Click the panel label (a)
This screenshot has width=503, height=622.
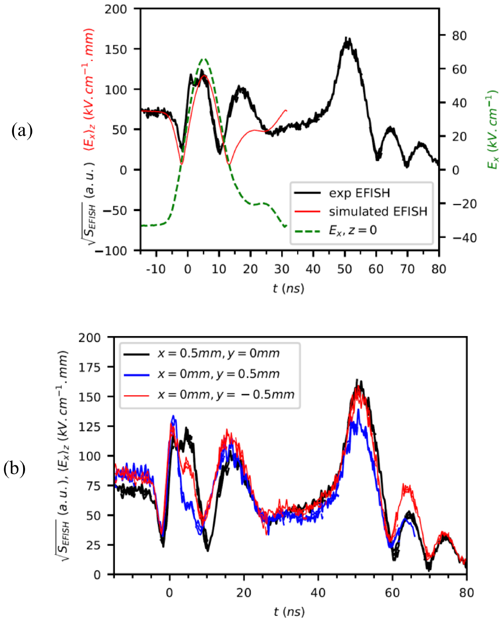(22, 131)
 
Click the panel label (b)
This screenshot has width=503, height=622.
(14, 469)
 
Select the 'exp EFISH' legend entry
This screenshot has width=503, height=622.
(359, 193)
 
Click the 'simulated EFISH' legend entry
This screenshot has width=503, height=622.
(378, 211)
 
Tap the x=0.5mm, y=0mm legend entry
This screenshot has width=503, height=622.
(218, 353)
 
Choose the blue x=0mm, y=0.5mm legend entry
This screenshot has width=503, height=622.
(218, 374)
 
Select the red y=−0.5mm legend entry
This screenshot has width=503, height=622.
(226, 394)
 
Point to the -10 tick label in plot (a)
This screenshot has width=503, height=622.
(155, 269)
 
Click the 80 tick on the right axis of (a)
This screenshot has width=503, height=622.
(459, 35)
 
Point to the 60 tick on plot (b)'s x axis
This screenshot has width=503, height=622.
(392, 592)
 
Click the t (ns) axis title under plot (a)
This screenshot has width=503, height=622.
(289, 288)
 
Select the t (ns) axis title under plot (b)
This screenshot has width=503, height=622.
(289, 612)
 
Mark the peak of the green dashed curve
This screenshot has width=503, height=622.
(204, 59)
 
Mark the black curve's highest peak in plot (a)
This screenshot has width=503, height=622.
(347, 39)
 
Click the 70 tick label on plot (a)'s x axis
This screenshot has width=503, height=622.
(407, 269)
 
